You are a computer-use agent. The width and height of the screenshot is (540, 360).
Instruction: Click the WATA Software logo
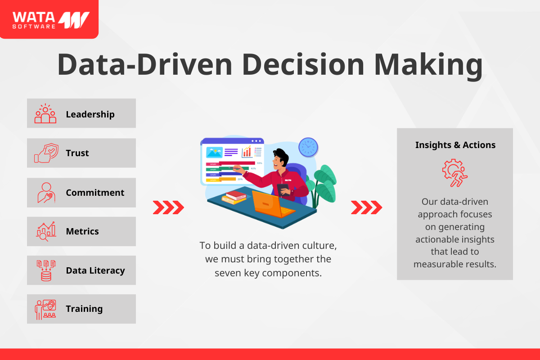(x=51, y=20)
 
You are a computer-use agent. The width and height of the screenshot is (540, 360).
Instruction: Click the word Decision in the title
(x=303, y=65)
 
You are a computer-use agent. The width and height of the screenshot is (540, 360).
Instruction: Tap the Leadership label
(x=90, y=114)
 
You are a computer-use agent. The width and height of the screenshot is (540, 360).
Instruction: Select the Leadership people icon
(x=45, y=113)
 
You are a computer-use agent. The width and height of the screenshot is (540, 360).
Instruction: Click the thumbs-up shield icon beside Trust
(x=46, y=153)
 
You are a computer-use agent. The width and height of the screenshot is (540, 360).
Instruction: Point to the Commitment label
(x=95, y=193)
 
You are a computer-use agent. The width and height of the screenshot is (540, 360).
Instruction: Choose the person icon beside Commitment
(x=46, y=193)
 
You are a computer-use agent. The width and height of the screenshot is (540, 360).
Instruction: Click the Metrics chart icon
(x=46, y=231)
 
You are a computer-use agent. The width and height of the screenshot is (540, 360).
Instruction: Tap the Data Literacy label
(x=95, y=270)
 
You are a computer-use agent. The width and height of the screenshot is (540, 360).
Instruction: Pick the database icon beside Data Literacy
(x=46, y=270)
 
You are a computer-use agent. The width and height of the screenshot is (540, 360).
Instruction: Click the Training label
(x=84, y=309)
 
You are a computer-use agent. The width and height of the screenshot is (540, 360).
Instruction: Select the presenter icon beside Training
(x=45, y=310)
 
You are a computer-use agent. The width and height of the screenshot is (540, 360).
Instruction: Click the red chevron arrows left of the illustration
(x=168, y=207)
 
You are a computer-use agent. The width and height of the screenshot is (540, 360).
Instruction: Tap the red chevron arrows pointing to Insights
(x=366, y=207)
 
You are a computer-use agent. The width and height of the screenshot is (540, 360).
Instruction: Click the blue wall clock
(x=308, y=147)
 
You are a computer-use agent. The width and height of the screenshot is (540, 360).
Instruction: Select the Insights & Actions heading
(x=455, y=145)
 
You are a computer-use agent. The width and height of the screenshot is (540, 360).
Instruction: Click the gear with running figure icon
(x=454, y=173)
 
